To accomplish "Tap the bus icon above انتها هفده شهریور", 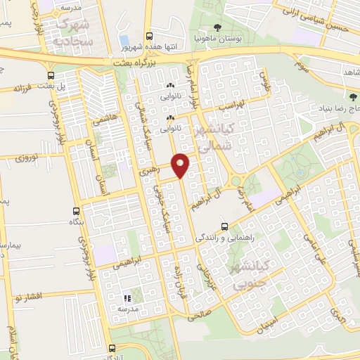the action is pos(148,37).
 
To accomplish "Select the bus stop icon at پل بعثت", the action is pos(51,75).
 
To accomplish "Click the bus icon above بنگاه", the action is pos(76,210).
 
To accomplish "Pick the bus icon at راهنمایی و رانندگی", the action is pos(224,226).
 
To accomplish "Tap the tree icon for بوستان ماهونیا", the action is pos(216,28).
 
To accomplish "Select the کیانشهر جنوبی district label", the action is pos(255,274).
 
